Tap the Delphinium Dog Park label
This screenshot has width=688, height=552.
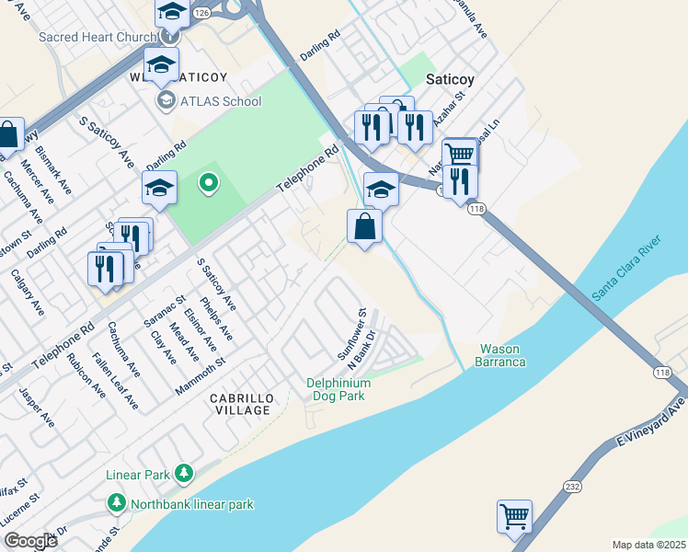pos(338,389)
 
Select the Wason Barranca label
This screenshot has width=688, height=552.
pos(501,355)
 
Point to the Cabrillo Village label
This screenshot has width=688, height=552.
pos(241,403)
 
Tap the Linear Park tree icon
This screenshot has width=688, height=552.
pos(185,474)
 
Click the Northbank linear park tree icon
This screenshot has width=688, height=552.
pos(117,503)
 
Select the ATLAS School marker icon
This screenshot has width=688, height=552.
pos(166,100)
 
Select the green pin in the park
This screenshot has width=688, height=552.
pos(208,183)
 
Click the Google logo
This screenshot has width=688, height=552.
pos(31,541)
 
